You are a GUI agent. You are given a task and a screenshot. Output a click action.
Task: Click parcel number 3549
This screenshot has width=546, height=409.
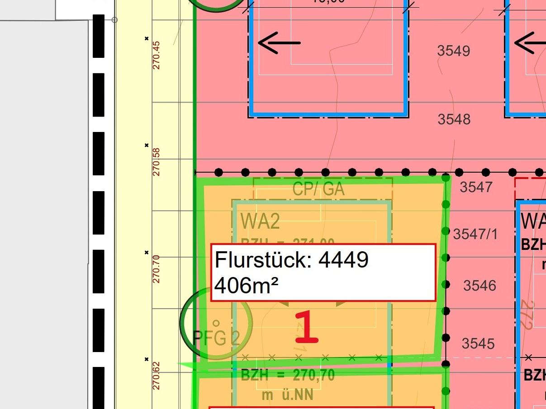454,51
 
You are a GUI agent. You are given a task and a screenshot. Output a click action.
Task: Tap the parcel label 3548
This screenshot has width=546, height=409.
454,120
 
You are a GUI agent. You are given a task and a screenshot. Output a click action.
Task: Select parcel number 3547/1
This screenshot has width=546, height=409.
475,234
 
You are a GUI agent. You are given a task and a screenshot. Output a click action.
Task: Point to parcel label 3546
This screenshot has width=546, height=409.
480,286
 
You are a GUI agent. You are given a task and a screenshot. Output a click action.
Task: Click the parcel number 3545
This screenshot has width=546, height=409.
478,344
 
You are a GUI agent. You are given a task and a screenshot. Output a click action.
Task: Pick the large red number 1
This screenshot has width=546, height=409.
307,328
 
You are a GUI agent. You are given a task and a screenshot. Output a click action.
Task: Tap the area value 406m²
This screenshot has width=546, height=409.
246,286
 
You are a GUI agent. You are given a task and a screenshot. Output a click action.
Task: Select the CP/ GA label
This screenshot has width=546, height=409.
318,189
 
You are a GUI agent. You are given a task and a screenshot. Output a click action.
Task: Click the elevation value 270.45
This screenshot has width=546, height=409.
157,55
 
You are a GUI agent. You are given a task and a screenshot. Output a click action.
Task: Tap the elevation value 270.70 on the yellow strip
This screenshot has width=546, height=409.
157,269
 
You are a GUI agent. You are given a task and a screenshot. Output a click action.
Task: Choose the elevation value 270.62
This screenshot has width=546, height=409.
157,376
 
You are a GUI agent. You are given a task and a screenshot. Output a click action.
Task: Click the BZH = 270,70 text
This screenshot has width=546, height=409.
288,375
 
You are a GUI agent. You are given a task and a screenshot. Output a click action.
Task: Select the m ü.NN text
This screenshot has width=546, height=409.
288,395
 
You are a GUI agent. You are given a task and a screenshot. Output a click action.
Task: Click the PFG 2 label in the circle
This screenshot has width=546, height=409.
216,338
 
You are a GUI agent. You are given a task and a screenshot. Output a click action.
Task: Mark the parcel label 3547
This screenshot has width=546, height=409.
475,187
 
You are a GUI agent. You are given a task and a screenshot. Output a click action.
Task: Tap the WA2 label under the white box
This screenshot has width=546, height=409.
260,221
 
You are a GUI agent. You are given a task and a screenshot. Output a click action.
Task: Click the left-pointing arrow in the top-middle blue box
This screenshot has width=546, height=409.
279,43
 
